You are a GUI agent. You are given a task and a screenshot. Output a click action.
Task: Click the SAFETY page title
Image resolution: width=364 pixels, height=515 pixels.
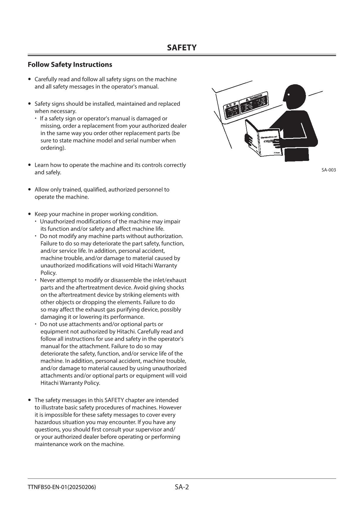tap(182, 48)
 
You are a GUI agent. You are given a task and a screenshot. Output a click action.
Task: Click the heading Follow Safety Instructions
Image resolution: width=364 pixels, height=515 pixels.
tap(70, 65)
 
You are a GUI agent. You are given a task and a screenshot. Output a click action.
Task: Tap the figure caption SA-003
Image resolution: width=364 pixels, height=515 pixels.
tap(329, 170)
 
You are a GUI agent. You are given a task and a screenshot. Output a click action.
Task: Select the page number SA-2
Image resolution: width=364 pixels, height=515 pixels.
tap(182, 487)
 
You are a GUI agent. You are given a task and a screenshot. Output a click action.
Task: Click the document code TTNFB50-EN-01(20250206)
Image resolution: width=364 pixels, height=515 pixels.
tap(62, 487)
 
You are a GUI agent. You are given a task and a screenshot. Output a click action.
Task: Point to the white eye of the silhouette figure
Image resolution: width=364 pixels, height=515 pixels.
tap(289, 95)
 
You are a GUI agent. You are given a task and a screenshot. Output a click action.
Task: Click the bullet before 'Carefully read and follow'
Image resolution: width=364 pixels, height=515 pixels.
tap(29, 79)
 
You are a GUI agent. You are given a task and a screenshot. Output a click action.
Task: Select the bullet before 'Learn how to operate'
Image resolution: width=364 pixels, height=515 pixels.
tap(29, 165)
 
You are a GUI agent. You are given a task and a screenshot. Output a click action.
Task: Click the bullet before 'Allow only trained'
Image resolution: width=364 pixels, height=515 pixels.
tap(29, 190)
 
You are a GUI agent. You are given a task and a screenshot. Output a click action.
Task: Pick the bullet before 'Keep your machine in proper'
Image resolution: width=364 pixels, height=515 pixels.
tap(29, 214)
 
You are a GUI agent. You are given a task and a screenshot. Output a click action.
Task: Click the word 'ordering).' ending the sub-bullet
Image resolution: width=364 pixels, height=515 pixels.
tap(53, 148)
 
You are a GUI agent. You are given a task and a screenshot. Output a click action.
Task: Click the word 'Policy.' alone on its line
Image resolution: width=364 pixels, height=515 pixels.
tap(48, 273)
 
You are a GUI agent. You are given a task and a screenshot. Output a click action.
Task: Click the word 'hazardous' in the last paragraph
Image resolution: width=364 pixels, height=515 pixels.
tap(47, 422)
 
